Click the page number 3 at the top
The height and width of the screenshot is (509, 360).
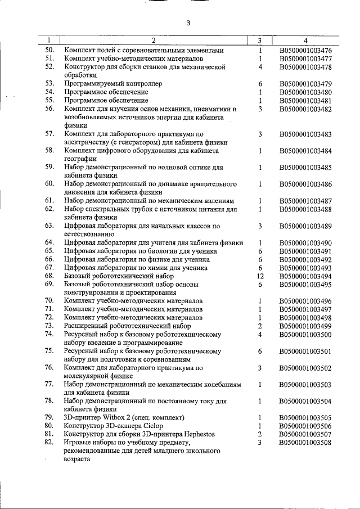pos(188,23)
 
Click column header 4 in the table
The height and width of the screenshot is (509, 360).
pos(305,40)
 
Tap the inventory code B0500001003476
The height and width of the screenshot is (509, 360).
pos(305,50)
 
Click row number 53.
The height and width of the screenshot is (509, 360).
pos(49,84)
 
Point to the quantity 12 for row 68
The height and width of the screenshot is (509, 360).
pos(260,276)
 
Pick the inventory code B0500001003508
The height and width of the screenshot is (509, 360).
pos(305,443)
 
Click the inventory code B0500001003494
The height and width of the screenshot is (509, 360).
pos(305,276)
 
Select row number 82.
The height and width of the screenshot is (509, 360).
pos(49,443)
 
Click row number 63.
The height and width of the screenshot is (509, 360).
pos(49,226)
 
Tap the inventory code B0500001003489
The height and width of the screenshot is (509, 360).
pos(305,226)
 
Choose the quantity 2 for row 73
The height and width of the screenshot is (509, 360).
pos(260,326)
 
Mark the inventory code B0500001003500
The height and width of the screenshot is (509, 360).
pos(305,335)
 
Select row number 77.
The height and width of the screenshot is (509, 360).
pos(49,384)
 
